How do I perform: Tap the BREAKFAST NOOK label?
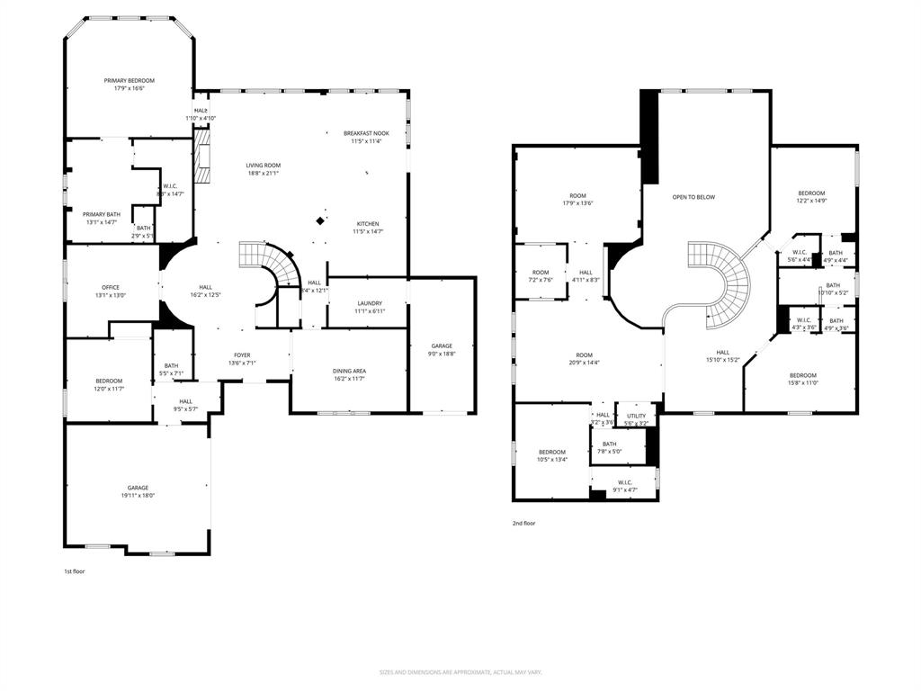click(366, 133)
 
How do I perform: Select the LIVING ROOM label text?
click(264, 166)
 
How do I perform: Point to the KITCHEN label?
click(367, 224)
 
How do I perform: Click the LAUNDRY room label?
click(370, 303)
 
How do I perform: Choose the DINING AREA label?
click(350, 371)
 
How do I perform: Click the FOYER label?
click(242, 355)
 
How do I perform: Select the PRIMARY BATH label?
click(102, 214)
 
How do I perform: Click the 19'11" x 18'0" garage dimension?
click(138, 495)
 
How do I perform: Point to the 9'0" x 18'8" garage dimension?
click(441, 354)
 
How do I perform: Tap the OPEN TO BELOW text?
click(693, 197)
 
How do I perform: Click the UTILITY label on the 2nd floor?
click(636, 416)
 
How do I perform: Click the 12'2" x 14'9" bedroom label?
click(811, 202)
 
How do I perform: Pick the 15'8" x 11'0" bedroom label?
click(803, 383)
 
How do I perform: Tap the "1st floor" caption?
click(74, 571)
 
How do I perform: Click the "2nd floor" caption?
click(523, 523)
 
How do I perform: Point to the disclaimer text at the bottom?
click(460, 672)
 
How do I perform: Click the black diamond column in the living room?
click(320, 220)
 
